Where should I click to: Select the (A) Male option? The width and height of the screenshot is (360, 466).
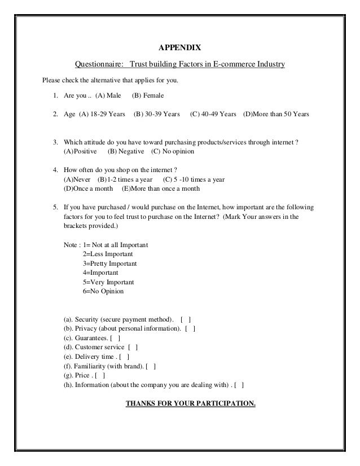click(x=108, y=95)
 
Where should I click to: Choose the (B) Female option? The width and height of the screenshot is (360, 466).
click(x=147, y=95)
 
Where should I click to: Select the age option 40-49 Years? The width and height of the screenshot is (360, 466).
click(x=213, y=114)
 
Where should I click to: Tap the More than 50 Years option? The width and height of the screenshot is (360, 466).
click(x=276, y=114)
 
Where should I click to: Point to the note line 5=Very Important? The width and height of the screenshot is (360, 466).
click(x=108, y=282)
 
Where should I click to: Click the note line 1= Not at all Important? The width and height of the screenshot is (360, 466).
click(x=116, y=245)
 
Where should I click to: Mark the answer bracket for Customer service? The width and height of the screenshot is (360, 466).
click(x=133, y=347)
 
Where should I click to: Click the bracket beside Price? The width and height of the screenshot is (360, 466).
click(x=100, y=375)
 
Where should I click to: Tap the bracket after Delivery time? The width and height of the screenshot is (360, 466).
click(x=125, y=357)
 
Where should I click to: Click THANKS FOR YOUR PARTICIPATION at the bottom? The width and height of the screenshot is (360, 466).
click(x=191, y=404)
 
